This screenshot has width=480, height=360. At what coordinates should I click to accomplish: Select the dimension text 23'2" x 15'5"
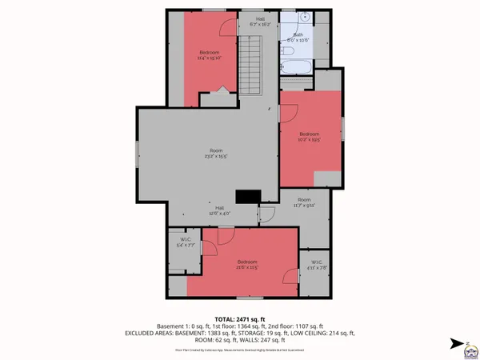click(216, 156)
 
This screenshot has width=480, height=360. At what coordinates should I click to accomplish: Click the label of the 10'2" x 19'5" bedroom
click(310, 136)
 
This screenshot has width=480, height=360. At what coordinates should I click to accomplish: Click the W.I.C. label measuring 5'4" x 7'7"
click(185, 242)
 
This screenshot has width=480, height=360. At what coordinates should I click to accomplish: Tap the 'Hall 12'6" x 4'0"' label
click(219, 211)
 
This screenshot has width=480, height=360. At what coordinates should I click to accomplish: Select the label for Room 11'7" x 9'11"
click(304, 202)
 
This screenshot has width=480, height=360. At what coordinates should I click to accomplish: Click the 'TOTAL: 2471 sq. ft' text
click(240, 318)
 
